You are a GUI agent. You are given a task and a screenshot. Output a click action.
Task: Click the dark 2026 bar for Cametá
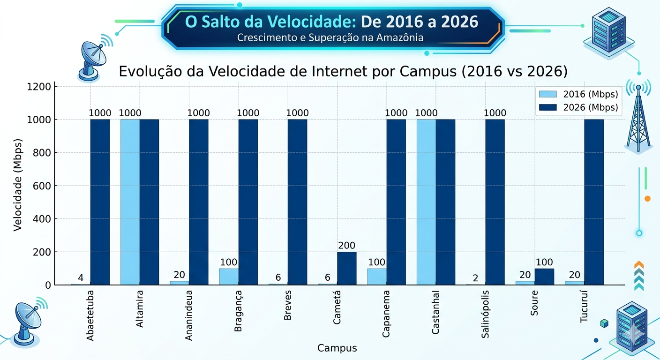[346, 268]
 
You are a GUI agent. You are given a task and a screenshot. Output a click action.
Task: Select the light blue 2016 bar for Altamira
[130, 202]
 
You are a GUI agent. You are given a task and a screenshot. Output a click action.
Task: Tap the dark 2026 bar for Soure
[544, 277]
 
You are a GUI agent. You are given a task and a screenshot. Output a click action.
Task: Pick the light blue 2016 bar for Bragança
[229, 277]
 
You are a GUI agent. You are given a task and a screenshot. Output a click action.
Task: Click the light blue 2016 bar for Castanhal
[426, 202]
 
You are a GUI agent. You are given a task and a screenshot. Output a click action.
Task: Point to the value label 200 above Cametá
[346, 246]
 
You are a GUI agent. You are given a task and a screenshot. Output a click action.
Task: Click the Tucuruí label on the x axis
[584, 309]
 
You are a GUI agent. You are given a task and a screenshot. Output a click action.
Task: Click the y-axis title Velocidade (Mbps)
[18, 185]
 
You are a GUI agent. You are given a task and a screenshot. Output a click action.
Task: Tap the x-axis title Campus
[337, 348]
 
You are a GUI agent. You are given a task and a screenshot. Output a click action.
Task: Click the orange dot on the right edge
[647, 199]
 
